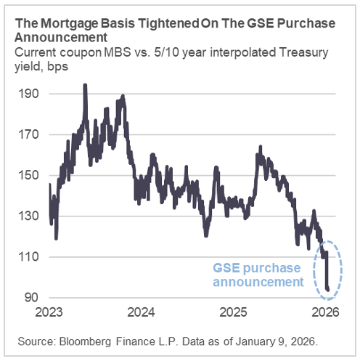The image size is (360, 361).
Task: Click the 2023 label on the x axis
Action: [x=49, y=313]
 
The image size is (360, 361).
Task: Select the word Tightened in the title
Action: [x=145, y=23]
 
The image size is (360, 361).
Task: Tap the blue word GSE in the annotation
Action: [x=228, y=267]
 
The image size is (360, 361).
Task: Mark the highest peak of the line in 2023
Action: [x=86, y=86]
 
